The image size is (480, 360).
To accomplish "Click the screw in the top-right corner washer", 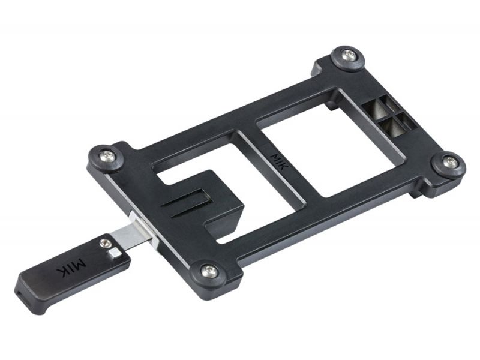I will click(x=349, y=55).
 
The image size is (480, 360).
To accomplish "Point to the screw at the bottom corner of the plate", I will click(x=209, y=271).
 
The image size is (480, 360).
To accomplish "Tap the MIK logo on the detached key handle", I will click(x=70, y=263).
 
